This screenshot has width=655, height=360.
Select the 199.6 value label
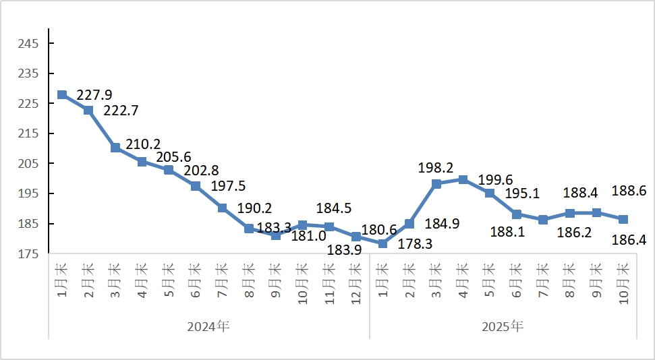coord(495,179)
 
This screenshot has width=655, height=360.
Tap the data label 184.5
coord(333,208)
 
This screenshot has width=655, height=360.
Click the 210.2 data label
coord(143,144)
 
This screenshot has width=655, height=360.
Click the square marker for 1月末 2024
coord(62,95)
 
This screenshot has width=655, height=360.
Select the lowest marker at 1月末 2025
coord(382,243)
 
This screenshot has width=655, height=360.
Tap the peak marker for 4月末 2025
coord(463,179)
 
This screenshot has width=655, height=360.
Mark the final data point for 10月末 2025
coord(623,220)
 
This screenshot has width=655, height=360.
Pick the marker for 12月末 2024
coord(356,237)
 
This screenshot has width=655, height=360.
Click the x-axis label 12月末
coord(356,282)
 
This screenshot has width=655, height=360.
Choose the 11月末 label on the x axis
coord(329,282)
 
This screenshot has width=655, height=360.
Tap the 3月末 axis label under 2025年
coord(436,279)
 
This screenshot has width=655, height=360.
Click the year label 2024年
coord(208,327)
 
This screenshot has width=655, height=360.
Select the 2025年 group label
coord(503,327)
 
